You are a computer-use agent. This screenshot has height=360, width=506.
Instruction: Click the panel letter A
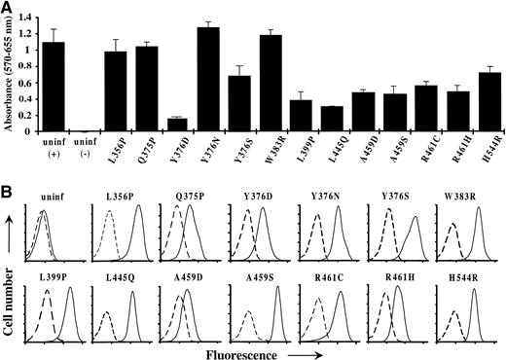click(x=7, y=8)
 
